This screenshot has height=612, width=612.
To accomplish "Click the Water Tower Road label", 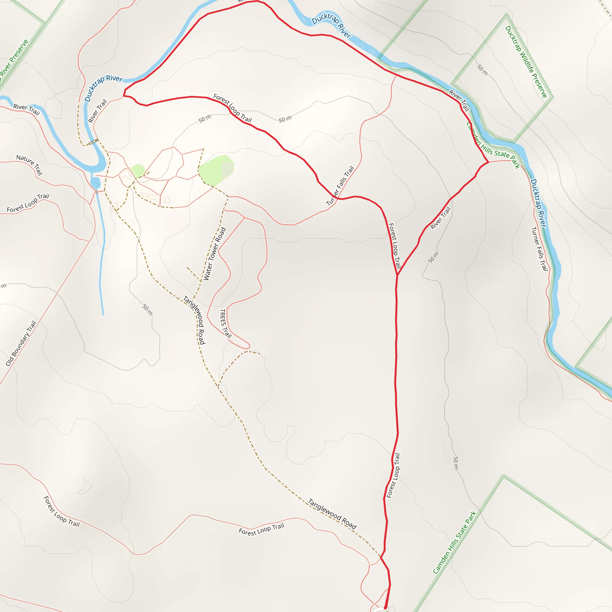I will pyautogui.click(x=215, y=253).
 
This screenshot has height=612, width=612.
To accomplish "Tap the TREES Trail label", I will pyautogui.click(x=225, y=323).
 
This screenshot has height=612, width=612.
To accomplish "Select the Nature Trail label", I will pyautogui.click(x=30, y=164).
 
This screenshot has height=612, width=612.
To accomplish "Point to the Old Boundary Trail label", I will pyautogui.click(x=21, y=343).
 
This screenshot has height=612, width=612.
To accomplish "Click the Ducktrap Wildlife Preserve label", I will pyautogui.click(x=526, y=62).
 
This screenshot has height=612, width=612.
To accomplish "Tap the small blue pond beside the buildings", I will pyautogui.click(x=95, y=183).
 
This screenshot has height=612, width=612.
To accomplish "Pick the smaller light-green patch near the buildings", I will pyautogui.click(x=138, y=170).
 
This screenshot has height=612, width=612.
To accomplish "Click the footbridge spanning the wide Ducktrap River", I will pyautogui.click(x=93, y=142).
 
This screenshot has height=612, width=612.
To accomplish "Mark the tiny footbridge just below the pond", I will pyautogui.click(x=96, y=192).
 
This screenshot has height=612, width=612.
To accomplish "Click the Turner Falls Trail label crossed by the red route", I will pyautogui.click(x=340, y=185).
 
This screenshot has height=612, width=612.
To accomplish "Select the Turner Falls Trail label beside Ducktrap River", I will pyautogui.click(x=539, y=249).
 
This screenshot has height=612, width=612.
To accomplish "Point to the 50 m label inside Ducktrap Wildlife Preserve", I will pyautogui.click(x=482, y=70).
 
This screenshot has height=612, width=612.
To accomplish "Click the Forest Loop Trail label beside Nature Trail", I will pyautogui.click(x=28, y=203).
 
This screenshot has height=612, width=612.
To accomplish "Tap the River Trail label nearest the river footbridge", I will pyautogui.click(x=97, y=111).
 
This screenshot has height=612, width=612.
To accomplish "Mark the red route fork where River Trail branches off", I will pyautogui.click(x=397, y=275).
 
